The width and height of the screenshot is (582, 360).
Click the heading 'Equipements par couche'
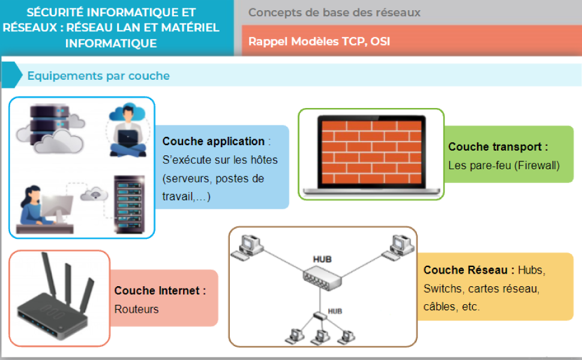(98, 76)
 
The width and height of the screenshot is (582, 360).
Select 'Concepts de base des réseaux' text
(334, 13)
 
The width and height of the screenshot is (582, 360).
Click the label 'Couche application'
(214, 142)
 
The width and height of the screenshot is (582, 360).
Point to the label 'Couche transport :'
(498, 147)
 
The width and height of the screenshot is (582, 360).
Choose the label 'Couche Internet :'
(160, 291)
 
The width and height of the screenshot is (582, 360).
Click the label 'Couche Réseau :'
(469, 271)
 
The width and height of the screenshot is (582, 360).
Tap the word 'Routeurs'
(137, 310)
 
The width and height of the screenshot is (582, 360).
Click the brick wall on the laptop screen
(371, 150)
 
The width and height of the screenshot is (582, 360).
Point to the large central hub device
(321, 277)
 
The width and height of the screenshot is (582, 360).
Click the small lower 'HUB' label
(335, 311)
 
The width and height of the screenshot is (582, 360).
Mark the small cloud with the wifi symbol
(95, 193)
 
